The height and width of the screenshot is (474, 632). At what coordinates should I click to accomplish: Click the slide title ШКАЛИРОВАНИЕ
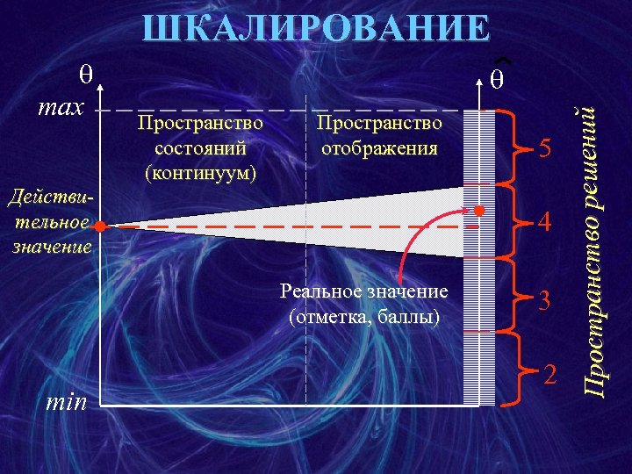click(x=316, y=29)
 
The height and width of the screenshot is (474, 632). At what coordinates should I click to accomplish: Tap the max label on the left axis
click(x=61, y=108)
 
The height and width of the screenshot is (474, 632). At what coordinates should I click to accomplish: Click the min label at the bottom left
click(x=66, y=403)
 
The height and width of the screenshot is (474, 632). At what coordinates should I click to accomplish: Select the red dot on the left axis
click(x=101, y=226)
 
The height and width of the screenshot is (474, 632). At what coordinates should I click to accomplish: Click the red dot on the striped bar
click(x=479, y=211)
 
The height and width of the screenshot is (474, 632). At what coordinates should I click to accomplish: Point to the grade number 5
click(x=545, y=150)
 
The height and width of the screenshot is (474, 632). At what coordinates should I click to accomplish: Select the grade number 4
click(x=545, y=223)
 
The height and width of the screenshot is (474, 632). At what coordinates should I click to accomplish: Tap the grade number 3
click(x=545, y=300)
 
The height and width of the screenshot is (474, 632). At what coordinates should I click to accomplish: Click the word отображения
click(x=379, y=148)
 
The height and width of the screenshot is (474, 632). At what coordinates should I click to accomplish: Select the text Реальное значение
click(x=363, y=291)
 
